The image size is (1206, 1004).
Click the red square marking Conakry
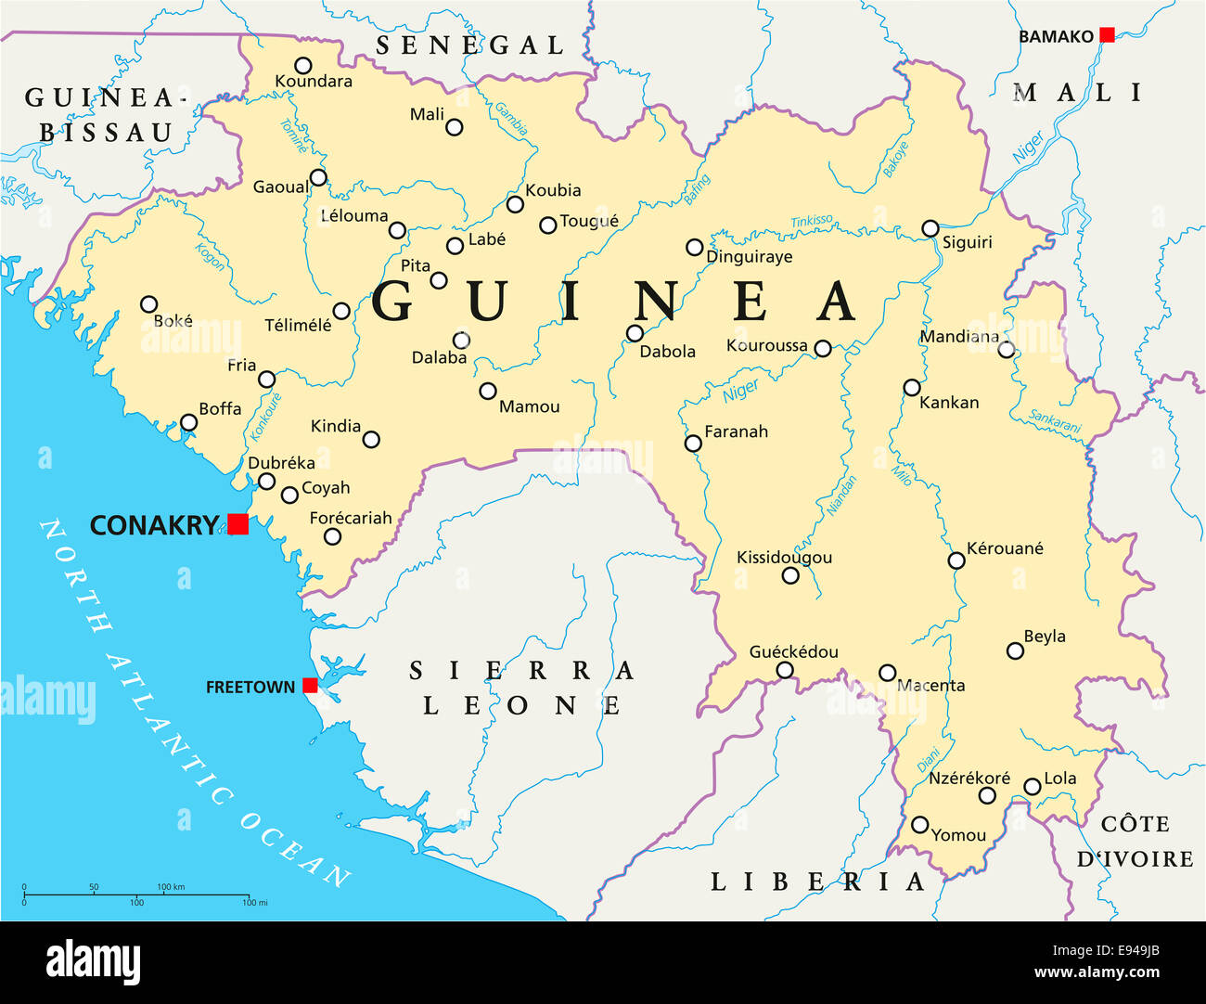pyautogui.click(x=238, y=524)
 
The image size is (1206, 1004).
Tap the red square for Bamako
pyautogui.click(x=1107, y=35)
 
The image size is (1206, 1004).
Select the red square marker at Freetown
pyautogui.click(x=310, y=686)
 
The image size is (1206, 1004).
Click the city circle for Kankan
pyautogui.click(x=912, y=388)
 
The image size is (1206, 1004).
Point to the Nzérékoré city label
pyautogui.click(x=969, y=778)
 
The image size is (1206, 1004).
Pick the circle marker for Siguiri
pyautogui.click(x=930, y=228)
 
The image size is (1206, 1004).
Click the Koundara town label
pyautogui.click(x=314, y=82)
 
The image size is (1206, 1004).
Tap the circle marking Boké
pyautogui.click(x=148, y=304)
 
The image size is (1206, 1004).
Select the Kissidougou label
pyautogui.click(x=784, y=558)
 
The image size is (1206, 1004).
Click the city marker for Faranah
pyautogui.click(x=693, y=444)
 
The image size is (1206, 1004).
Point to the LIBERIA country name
pyautogui.click(x=817, y=882)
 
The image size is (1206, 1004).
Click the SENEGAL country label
pyautogui.click(x=469, y=45)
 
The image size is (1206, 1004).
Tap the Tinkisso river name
pyautogui.click(x=812, y=222)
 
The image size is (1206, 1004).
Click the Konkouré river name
pyautogui.click(x=265, y=416)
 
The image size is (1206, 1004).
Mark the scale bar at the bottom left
pyautogui.click(x=136, y=895)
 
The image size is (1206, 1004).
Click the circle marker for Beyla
pyautogui.click(x=1015, y=651)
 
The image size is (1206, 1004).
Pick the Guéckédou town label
pyautogui.click(x=793, y=652)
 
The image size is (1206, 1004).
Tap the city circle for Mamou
pyautogui.click(x=488, y=392)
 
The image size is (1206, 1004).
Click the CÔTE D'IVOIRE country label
pyautogui.click(x=1135, y=841)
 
